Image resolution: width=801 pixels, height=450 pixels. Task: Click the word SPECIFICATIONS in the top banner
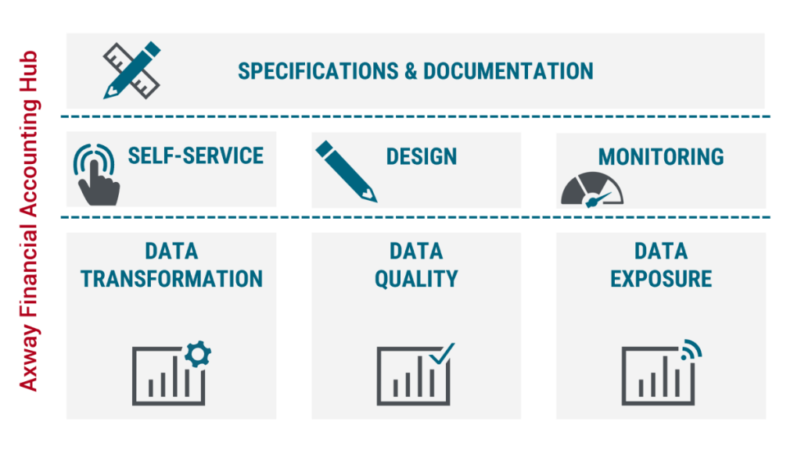pos(318,71)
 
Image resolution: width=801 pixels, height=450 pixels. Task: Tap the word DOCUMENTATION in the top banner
pos(508,71)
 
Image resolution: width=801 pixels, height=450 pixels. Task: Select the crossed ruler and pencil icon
pos(131,70)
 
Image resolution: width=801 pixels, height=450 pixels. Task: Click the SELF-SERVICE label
pos(196,155)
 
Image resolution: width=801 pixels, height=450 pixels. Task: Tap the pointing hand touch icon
pos(96,175)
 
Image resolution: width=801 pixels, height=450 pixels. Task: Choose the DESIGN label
pos(422,156)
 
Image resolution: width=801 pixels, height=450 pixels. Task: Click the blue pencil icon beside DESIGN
pos(346,171)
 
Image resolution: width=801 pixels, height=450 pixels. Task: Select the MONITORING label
pos(661,156)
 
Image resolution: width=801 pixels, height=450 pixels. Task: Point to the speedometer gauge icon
pos(592,190)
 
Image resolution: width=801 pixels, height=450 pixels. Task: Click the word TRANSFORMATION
pos(171,279)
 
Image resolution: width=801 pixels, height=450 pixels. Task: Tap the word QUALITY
pos(416,279)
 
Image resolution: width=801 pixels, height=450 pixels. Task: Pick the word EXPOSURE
pos(661,279)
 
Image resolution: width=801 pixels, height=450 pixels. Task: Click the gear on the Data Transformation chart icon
pos(198,354)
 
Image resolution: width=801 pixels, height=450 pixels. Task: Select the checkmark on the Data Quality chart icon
pos(442,354)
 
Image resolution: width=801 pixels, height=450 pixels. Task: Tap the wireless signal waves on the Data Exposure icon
pos(691,349)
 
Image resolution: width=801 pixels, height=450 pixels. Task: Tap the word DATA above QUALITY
pos(416,252)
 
